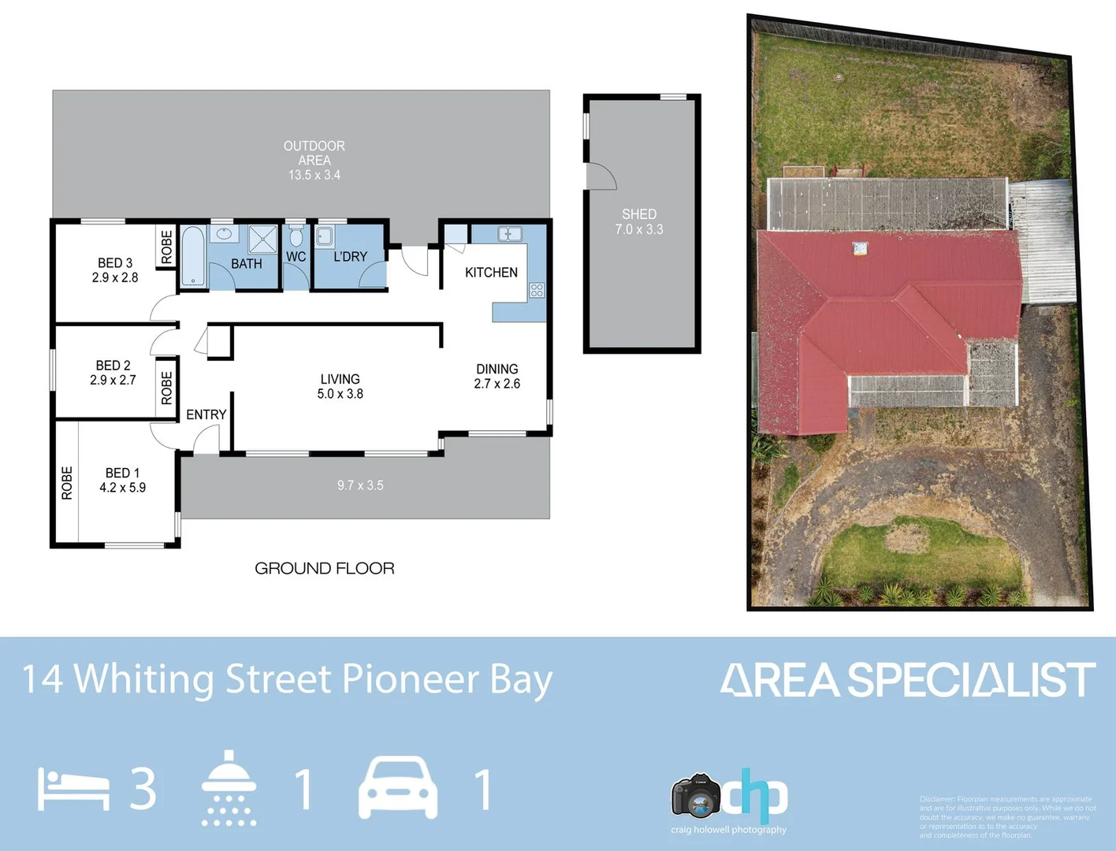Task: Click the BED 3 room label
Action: pyautogui.click(x=115, y=270)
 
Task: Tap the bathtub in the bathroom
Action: pyautogui.click(x=193, y=256)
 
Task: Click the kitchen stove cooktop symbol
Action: pyautogui.click(x=537, y=290)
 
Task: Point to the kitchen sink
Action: pyautogui.click(x=510, y=234)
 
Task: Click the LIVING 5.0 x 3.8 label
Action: pyautogui.click(x=340, y=386)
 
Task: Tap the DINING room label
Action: pyautogui.click(x=497, y=376)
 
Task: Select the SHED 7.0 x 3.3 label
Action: pyautogui.click(x=639, y=221)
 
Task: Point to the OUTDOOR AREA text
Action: pyautogui.click(x=314, y=153)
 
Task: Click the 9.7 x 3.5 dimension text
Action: pyautogui.click(x=360, y=485)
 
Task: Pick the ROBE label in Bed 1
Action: pyautogui.click(x=67, y=482)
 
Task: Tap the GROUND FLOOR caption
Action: pyautogui.click(x=324, y=568)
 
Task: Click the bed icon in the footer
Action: pyautogui.click(x=73, y=790)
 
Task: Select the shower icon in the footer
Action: pyautogui.click(x=229, y=787)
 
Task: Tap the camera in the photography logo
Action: pyautogui.click(x=696, y=796)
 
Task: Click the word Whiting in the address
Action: pyautogui.click(x=143, y=680)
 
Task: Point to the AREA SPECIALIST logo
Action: pyautogui.click(x=907, y=680)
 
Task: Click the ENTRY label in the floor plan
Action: pyautogui.click(x=206, y=414)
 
